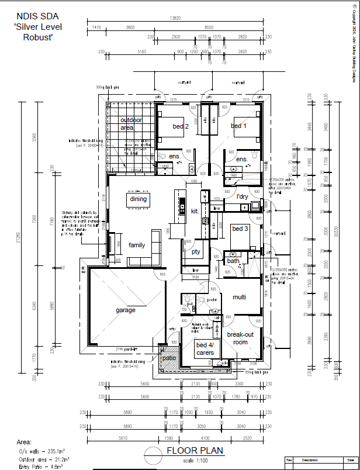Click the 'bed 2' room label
(x=180, y=126)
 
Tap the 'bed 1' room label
(x=238, y=126)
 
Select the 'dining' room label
(x=139, y=199)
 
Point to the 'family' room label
(x=137, y=245)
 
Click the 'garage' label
(x=125, y=310)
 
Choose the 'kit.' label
(x=195, y=210)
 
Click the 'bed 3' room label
(x=240, y=229)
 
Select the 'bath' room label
(x=234, y=261)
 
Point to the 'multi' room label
(x=240, y=298)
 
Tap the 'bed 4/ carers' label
(x=205, y=348)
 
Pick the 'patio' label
(x=169, y=358)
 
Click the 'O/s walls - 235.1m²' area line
(x=41, y=451)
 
